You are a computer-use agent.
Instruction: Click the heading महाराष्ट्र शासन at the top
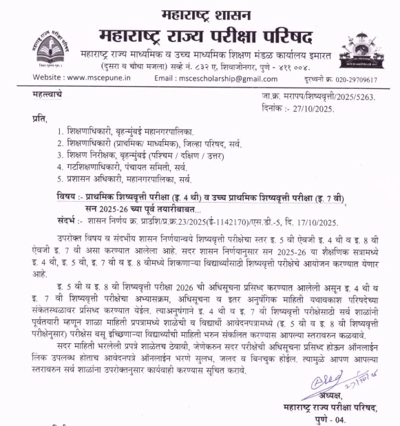tap(199, 13)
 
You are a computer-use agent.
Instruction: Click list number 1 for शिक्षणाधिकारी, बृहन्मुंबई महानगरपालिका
tap(61, 131)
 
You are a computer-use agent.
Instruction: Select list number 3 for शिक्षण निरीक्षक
tap(61, 155)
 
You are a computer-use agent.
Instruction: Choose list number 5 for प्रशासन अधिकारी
tap(61, 179)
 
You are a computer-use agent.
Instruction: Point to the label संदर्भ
tap(65, 221)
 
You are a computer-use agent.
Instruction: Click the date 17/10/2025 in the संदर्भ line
tap(314, 221)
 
